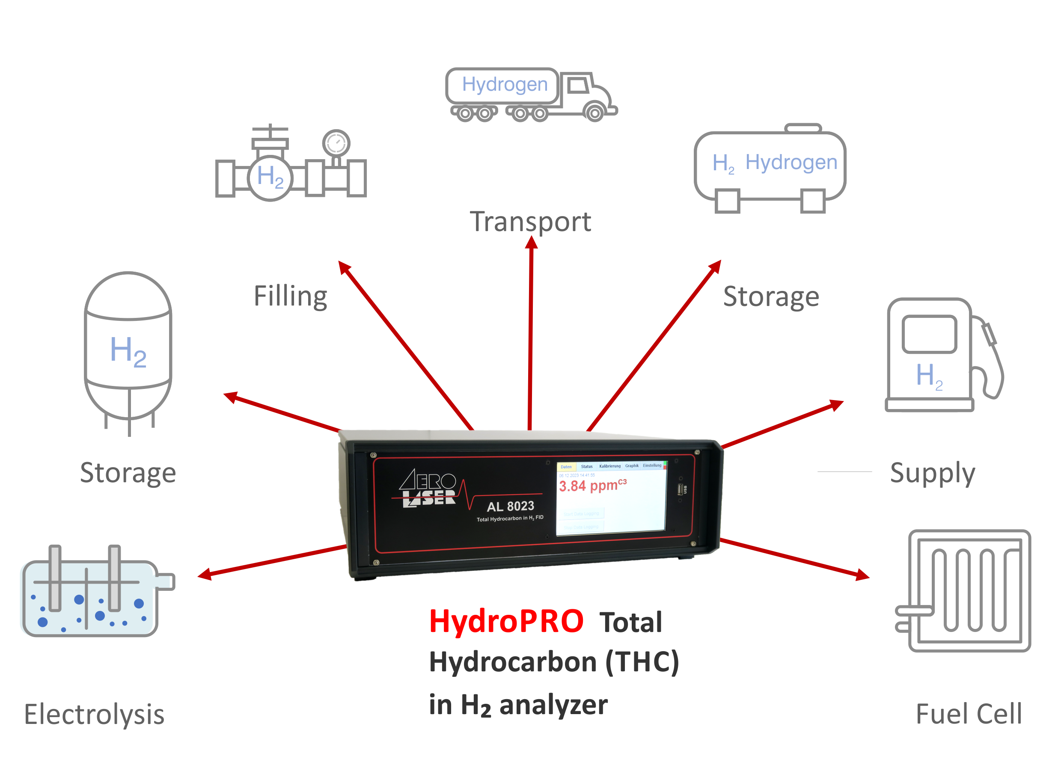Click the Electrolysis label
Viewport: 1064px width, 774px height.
pyautogui.click(x=94, y=715)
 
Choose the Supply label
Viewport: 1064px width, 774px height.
pyautogui.click(x=932, y=473)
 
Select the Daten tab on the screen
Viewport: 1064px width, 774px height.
pyautogui.click(x=566, y=467)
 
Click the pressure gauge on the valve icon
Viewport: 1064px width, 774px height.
pyautogui.click(x=336, y=143)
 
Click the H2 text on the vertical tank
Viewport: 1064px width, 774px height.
pyautogui.click(x=128, y=352)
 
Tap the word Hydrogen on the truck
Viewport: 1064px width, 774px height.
pyautogui.click(x=505, y=84)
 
